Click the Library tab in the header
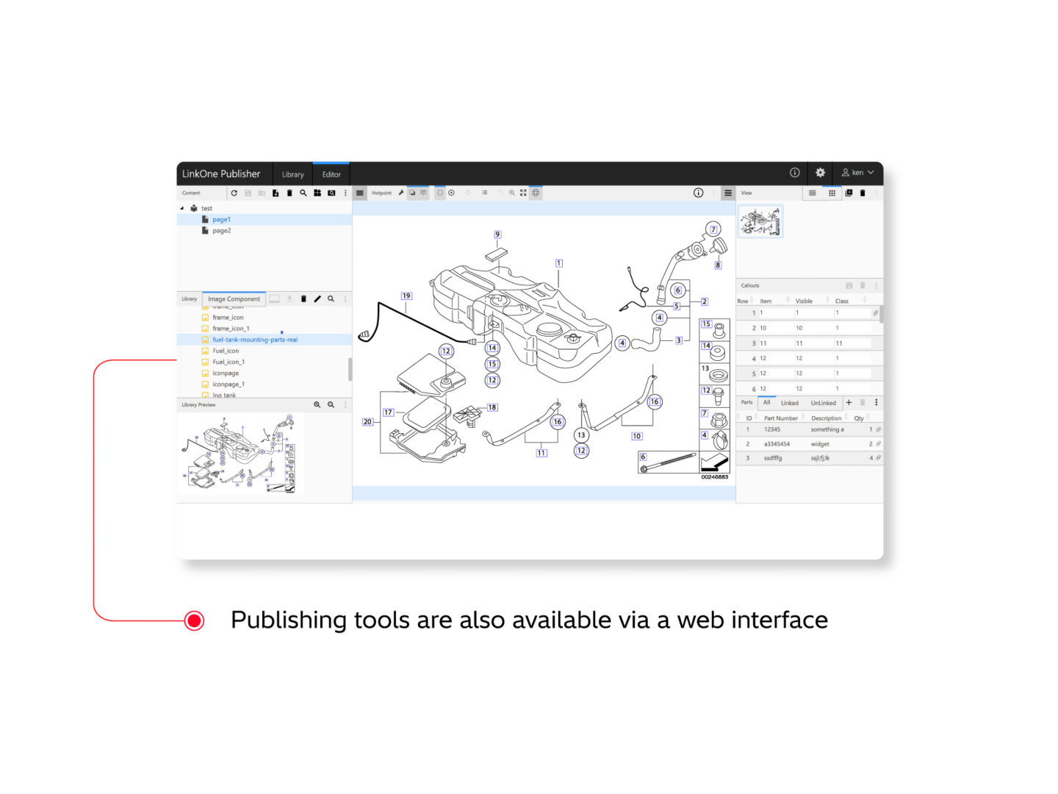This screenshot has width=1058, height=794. pyautogui.click(x=292, y=175)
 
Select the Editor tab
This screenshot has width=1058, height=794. pyautogui.click(x=331, y=175)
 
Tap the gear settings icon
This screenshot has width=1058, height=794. pyautogui.click(x=820, y=173)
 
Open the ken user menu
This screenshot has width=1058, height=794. pyautogui.click(x=857, y=173)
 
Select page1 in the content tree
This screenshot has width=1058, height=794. pyautogui.click(x=221, y=220)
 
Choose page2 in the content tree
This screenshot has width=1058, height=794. pyautogui.click(x=221, y=231)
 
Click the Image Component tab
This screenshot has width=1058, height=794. pyautogui.click(x=234, y=299)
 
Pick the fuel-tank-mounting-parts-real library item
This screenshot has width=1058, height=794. pyautogui.click(x=255, y=340)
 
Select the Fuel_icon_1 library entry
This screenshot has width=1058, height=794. pyautogui.click(x=228, y=362)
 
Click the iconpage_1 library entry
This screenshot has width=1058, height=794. pyautogui.click(x=228, y=385)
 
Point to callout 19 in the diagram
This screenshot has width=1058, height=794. pyautogui.click(x=406, y=296)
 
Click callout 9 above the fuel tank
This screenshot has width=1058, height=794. pyautogui.click(x=497, y=235)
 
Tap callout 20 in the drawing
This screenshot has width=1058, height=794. pyautogui.click(x=367, y=422)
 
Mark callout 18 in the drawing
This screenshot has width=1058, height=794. pyautogui.click(x=492, y=407)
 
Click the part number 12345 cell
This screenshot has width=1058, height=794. pyautogui.click(x=772, y=429)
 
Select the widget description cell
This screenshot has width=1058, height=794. pyautogui.click(x=820, y=444)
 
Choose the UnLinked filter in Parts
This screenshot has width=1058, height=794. pyautogui.click(x=823, y=403)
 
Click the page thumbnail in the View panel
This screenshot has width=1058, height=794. pyautogui.click(x=760, y=221)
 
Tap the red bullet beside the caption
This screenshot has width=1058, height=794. pyautogui.click(x=195, y=620)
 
